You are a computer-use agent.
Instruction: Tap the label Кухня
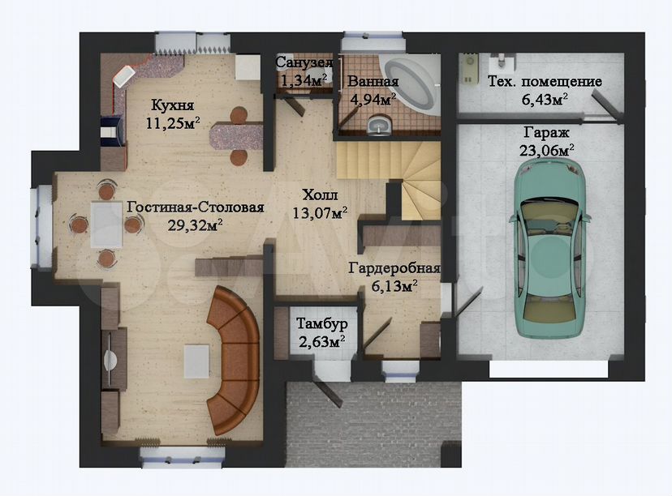(173, 105)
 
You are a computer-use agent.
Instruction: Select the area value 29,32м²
(195, 224)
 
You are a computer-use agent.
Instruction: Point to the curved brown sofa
(235, 360)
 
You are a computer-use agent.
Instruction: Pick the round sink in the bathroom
(380, 126)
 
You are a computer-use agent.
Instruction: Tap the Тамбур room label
(321, 324)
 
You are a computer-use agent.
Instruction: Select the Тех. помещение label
(545, 81)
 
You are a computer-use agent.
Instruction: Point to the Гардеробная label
(394, 268)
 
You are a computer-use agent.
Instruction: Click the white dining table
(106, 224)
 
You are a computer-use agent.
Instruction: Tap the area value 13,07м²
(320, 212)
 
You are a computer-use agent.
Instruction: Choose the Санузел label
(304, 62)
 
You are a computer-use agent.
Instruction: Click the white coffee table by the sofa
(196, 361)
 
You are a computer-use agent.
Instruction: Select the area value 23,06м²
(547, 151)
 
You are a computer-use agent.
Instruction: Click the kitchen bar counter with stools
(236, 136)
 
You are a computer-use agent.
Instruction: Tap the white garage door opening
(549, 369)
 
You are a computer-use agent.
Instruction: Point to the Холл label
(320, 195)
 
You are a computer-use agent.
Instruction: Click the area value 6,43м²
(545, 100)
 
